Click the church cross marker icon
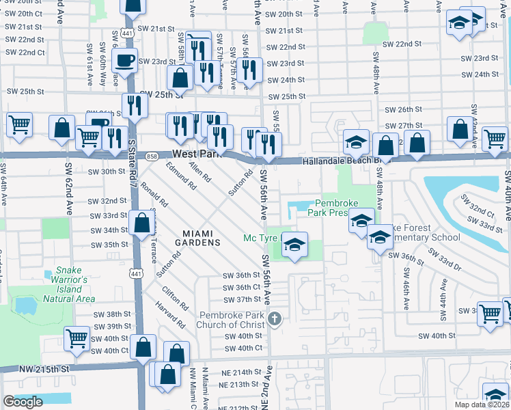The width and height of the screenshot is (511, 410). pyautogui.click(x=275, y=318)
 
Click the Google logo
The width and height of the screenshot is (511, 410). pyautogui.click(x=22, y=402)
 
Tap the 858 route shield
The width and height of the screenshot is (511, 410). pyautogui.click(x=152, y=156)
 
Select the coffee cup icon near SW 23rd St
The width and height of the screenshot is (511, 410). pyautogui.click(x=125, y=60)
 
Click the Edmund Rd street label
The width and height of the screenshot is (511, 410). pyautogui.click(x=181, y=178)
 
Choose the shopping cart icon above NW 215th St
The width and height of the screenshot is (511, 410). pyautogui.click(x=77, y=338)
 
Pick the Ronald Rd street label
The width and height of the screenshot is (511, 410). pyautogui.click(x=154, y=194)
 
